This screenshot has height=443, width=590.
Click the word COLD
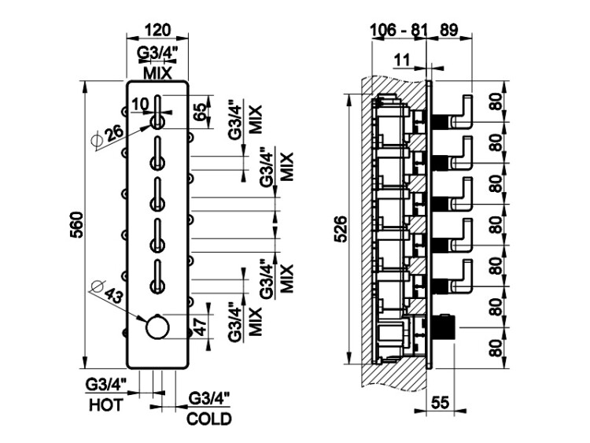(x=208, y=417)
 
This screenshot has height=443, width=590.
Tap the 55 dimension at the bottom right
(x=441, y=403)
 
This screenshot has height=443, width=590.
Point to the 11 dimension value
(x=402, y=59)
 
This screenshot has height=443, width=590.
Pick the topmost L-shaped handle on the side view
(x=466, y=109)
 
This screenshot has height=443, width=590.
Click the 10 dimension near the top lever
(x=141, y=103)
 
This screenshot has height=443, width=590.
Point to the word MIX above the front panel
(x=159, y=72)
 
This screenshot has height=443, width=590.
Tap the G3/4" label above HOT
(x=106, y=385)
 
